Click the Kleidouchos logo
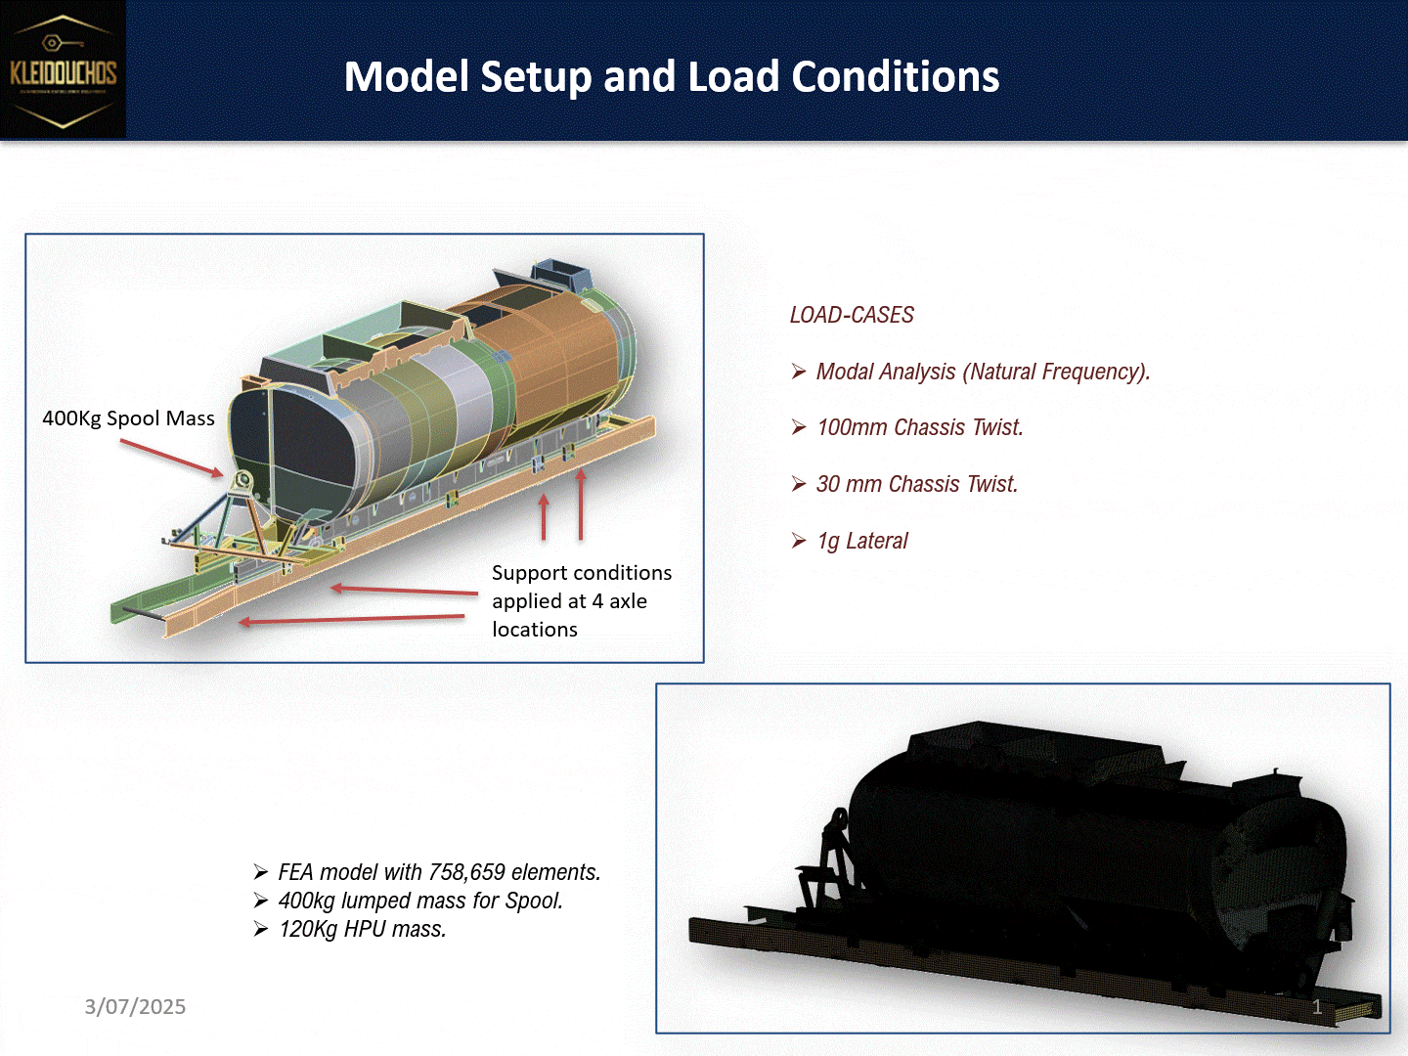click(x=64, y=70)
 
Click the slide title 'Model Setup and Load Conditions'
click(x=672, y=76)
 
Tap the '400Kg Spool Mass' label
click(x=128, y=418)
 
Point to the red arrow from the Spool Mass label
click(x=172, y=459)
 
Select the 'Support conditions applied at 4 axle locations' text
click(x=581, y=600)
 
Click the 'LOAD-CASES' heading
click(x=852, y=315)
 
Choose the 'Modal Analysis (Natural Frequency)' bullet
click(x=982, y=372)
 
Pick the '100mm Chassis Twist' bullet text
click(x=919, y=427)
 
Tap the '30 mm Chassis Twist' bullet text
click(x=916, y=484)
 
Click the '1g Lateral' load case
click(x=862, y=541)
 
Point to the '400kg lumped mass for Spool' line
click(x=420, y=901)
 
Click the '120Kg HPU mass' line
click(x=362, y=929)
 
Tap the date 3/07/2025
click(x=135, y=1007)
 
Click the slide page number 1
click(x=1317, y=1007)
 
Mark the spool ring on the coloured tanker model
click(x=242, y=480)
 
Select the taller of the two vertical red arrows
click(x=581, y=504)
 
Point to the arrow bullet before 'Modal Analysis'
click(x=799, y=372)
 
